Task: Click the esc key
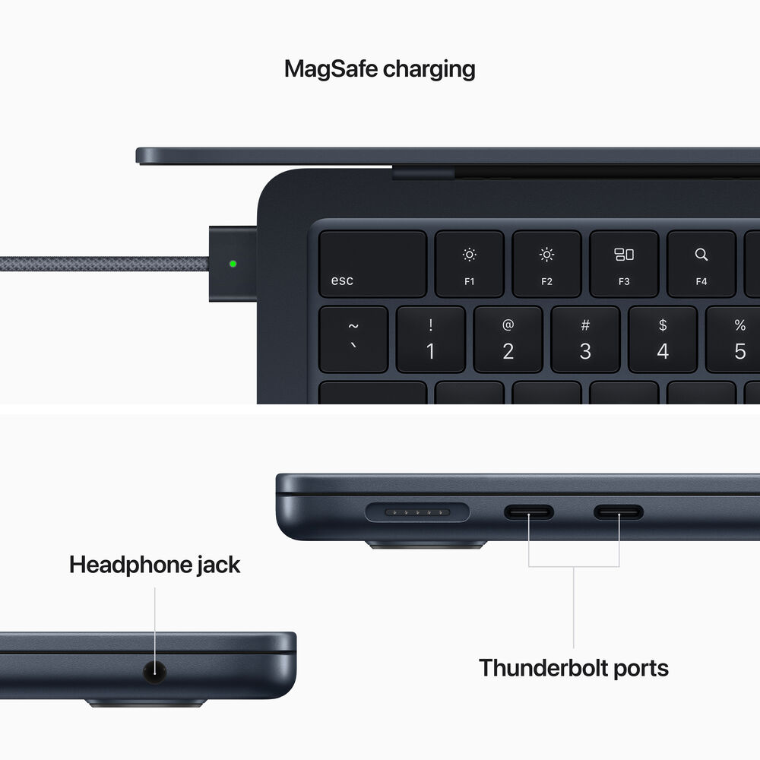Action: [x=372, y=264]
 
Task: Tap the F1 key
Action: [x=469, y=264]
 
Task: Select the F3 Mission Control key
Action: [x=623, y=264]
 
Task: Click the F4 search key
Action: [x=701, y=264]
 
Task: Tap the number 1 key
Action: [x=430, y=339]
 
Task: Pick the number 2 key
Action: [x=508, y=339]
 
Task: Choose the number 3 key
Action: [x=585, y=339]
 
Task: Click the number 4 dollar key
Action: [x=663, y=339]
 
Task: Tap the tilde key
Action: [x=353, y=339]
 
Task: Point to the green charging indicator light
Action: [x=233, y=264]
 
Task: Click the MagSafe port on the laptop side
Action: [x=417, y=513]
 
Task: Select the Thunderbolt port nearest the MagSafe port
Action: [x=529, y=512]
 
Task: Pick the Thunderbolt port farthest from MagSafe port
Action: [x=619, y=512]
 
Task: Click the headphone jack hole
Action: [x=155, y=671]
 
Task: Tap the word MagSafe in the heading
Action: [x=331, y=68]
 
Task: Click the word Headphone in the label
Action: [x=130, y=565]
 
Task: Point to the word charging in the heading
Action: [x=429, y=69]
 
